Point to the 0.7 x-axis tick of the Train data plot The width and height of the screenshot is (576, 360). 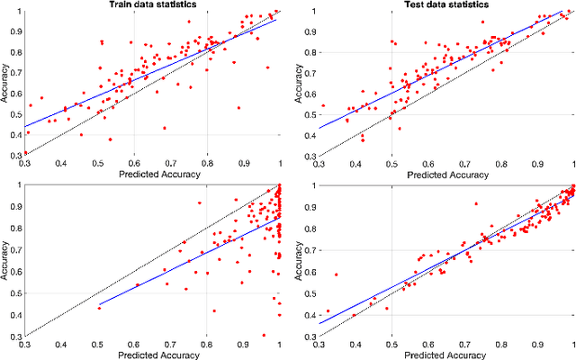(x=170, y=162)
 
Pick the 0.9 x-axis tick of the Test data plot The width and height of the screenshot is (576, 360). (x=538, y=162)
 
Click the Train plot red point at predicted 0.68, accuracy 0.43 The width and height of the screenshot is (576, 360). (x=164, y=128)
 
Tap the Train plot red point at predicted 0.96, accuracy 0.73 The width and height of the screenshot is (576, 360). (x=267, y=67)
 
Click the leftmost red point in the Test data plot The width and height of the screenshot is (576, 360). (x=323, y=105)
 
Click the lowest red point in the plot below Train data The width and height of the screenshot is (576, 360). (x=264, y=334)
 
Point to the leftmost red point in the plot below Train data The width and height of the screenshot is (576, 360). (x=100, y=308)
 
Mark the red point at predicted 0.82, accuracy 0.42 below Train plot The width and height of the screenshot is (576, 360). (x=214, y=310)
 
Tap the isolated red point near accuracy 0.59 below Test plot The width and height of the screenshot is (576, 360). (x=336, y=274)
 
